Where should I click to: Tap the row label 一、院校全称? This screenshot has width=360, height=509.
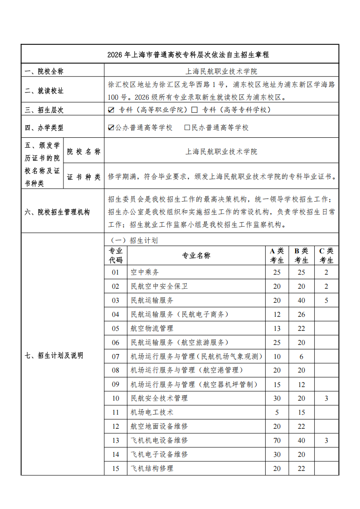pos(44,71)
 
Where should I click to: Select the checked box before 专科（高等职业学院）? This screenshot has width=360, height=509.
pos(111,110)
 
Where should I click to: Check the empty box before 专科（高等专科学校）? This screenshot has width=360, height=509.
pos(195,110)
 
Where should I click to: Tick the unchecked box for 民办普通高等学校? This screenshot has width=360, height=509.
pos(187,128)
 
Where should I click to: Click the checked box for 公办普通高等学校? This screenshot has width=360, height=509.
pos(111,128)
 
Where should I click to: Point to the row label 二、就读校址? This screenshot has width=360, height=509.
pos(44,91)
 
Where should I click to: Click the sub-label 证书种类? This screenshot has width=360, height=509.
pos(83,177)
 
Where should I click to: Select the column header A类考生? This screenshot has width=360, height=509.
pos(277,256)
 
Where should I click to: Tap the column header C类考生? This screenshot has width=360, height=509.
pos(326,256)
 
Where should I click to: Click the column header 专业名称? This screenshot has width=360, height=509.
pos(196,256)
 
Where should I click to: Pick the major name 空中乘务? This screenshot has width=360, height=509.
pos(145,272)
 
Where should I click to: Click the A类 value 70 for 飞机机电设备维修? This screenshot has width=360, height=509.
pos(277,440)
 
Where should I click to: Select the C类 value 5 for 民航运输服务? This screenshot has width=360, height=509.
pos(326,300)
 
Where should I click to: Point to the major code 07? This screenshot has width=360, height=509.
pos(116,356)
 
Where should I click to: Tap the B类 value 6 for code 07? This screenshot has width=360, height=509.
pos(301,356)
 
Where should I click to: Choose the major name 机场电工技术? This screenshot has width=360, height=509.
pos(152,412)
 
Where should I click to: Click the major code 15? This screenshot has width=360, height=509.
pos(116,468)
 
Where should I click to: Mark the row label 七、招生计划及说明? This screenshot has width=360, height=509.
pos(54,356)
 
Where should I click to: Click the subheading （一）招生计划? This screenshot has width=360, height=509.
pos(131,240)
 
